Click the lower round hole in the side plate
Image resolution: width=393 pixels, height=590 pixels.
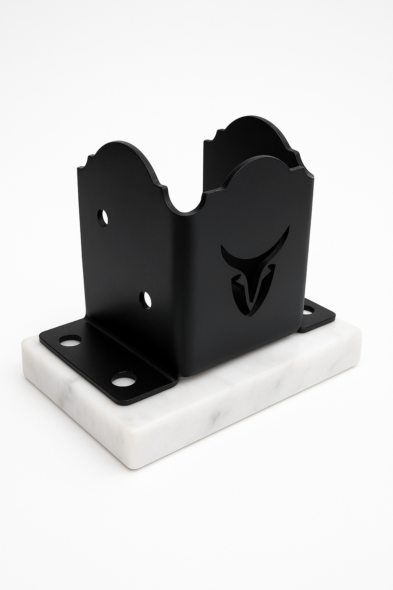[145, 300]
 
